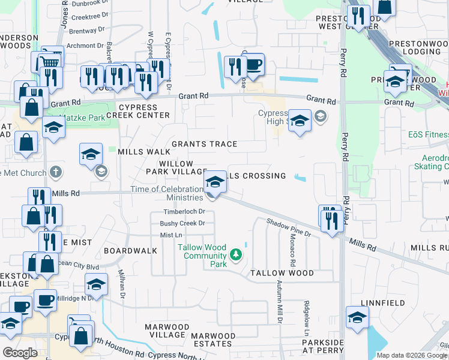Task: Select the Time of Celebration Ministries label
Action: tap(167, 193)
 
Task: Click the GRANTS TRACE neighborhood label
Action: tap(204, 144)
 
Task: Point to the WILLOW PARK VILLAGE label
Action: tap(176, 167)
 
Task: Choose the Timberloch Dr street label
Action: tap(184, 212)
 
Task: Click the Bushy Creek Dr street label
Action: tap(182, 223)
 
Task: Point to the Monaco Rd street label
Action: tap(292, 254)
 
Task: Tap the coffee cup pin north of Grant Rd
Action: tap(254, 65)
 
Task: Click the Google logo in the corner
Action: tap(20, 352)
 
